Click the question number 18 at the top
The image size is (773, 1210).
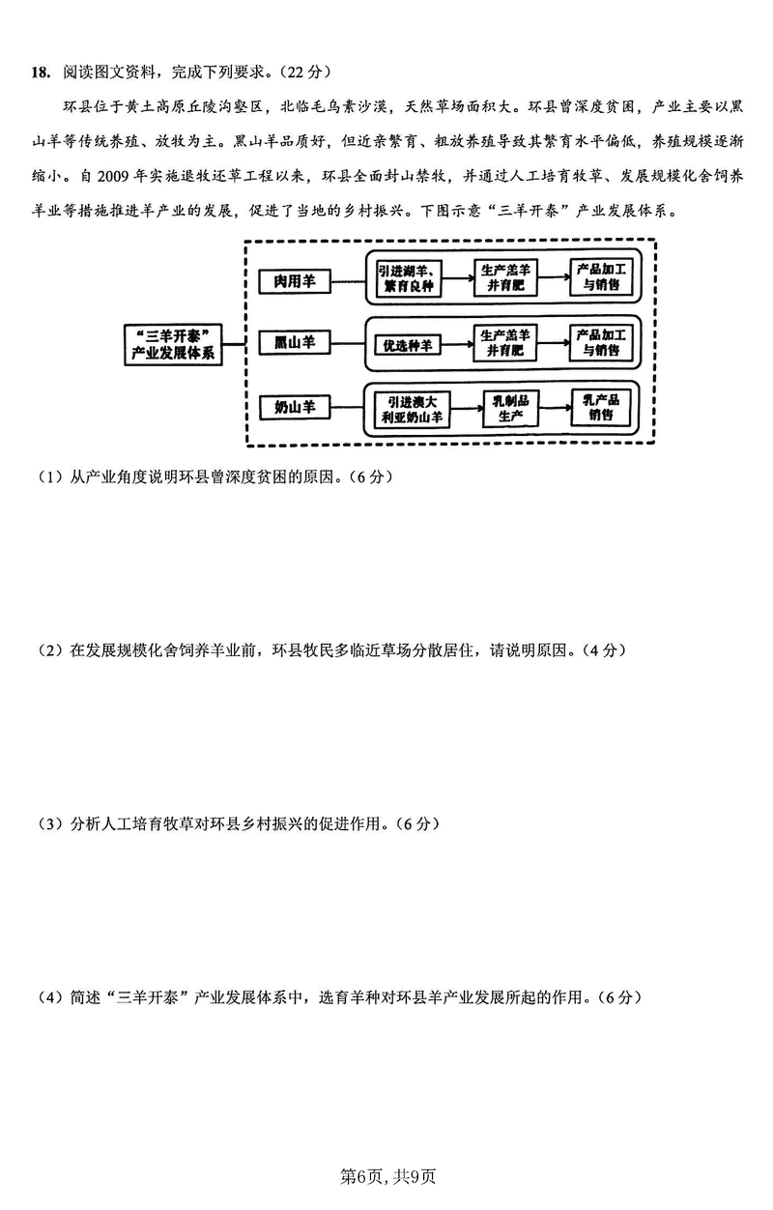click(x=41, y=72)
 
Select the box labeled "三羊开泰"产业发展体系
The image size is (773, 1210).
click(x=175, y=344)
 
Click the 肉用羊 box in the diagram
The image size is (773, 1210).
click(x=295, y=281)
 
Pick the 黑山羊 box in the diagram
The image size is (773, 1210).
click(x=295, y=344)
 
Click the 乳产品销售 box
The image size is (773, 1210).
click(x=601, y=407)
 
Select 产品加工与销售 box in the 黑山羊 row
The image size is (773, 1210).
click(x=601, y=343)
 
